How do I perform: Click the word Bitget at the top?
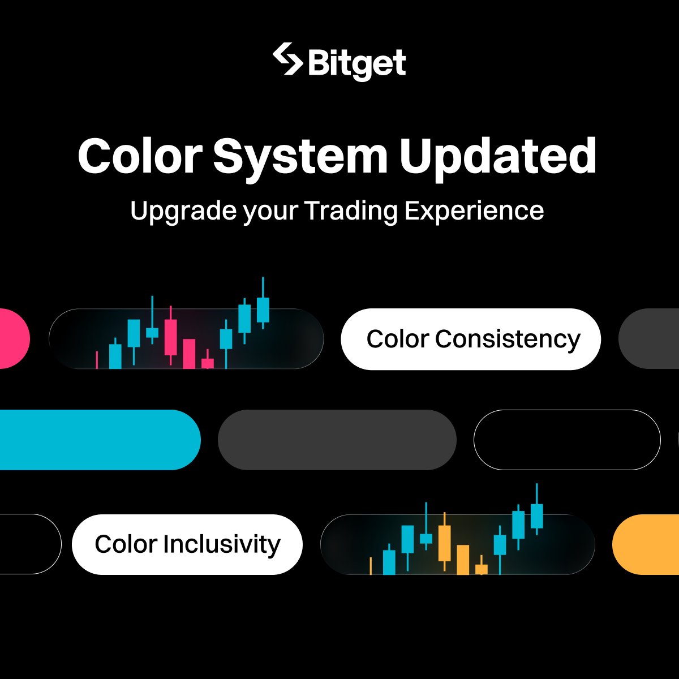tap(357, 63)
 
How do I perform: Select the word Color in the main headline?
tap(140, 156)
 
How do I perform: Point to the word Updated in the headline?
tap(498, 156)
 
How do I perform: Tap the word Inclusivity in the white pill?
tap(221, 544)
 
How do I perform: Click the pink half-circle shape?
tap(12, 338)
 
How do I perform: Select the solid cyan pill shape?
tap(96, 440)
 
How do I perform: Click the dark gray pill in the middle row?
tap(337, 440)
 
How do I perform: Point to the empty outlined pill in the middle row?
tap(566, 440)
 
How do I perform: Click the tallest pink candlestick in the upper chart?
tap(170, 337)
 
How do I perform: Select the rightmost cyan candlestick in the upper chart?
tap(263, 310)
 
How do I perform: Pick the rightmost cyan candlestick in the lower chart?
tap(536, 515)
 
